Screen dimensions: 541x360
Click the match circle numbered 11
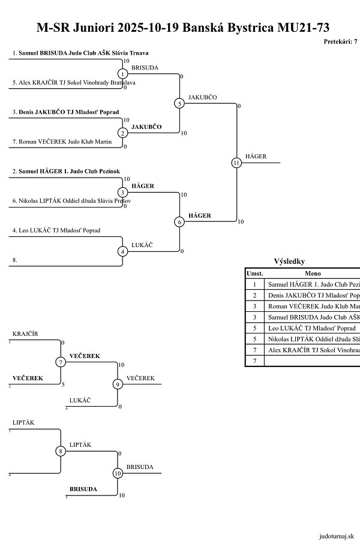point(236,163)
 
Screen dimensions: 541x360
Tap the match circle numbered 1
point(122,74)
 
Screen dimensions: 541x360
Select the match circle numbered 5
point(179,103)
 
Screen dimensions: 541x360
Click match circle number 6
point(179,222)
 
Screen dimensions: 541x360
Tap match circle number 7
point(61,362)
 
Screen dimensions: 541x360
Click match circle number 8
point(61,451)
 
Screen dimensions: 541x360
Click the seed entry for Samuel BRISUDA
point(80,53)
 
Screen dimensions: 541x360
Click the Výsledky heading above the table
point(289,262)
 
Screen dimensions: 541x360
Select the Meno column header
point(313,273)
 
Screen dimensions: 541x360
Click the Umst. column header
point(255,273)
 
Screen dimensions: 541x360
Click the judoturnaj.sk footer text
point(337,535)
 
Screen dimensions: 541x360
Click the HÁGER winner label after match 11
point(256,157)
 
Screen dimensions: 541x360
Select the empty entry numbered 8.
point(14,260)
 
